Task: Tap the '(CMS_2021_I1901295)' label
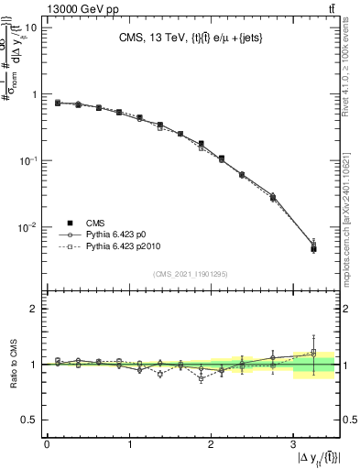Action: coord(191,274)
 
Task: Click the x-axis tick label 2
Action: coord(211,444)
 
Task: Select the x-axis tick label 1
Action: coord(128,444)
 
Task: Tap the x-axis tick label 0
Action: coord(47,444)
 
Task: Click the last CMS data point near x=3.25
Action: coord(313,248)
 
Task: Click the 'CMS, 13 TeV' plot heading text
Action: coord(193,38)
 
